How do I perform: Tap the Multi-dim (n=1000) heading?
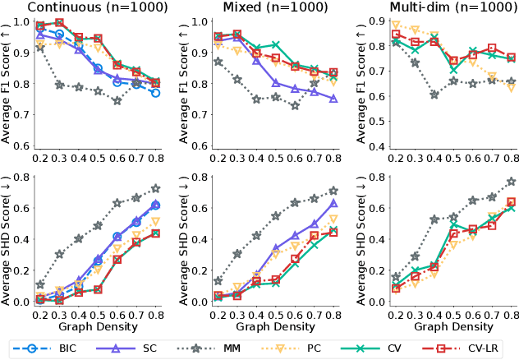[x=431, y=7]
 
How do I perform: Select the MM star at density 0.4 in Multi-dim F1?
[x=434, y=95]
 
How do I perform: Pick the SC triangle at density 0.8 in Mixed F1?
[x=333, y=99]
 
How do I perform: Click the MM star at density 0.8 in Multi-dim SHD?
[x=511, y=182]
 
